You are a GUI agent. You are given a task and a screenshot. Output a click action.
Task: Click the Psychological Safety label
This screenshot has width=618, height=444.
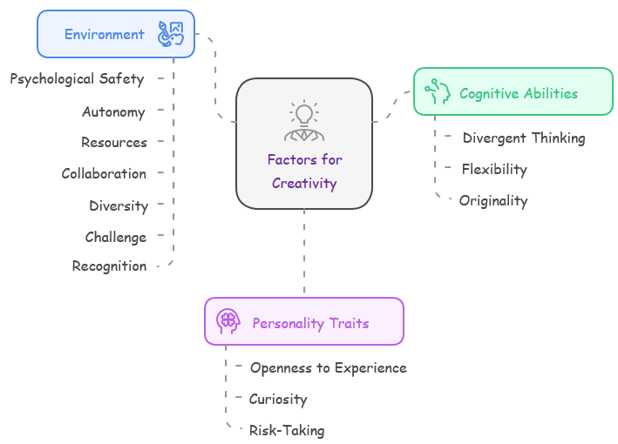click(77, 79)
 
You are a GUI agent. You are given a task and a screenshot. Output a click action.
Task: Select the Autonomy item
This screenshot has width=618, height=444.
click(113, 111)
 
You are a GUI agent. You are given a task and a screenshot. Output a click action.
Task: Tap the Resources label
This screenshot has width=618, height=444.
click(114, 143)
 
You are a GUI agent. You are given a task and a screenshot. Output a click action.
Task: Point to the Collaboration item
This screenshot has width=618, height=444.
click(104, 174)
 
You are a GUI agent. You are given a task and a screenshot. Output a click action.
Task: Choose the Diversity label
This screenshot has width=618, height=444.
click(119, 206)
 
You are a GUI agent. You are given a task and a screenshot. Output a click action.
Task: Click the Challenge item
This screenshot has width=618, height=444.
click(116, 237)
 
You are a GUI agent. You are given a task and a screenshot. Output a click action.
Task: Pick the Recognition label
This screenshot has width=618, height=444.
click(109, 266)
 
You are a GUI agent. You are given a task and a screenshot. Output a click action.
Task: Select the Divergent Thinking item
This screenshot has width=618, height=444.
click(523, 138)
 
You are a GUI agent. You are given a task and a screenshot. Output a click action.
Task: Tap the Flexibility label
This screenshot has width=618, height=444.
click(494, 170)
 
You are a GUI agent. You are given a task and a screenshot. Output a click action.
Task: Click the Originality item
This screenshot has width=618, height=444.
click(493, 201)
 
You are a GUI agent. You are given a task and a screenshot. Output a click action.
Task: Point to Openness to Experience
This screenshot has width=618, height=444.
click(328, 368)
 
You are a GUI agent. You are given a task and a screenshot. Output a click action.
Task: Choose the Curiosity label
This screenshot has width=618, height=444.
click(278, 400)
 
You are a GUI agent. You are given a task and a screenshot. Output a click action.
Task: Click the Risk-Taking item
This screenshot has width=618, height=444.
click(287, 431)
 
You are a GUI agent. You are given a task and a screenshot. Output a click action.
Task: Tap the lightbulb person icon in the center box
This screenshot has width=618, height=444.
click(304, 121)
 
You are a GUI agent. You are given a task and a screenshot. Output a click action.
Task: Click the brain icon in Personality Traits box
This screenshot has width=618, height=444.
click(228, 322)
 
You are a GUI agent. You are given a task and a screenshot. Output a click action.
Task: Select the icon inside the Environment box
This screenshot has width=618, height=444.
click(170, 35)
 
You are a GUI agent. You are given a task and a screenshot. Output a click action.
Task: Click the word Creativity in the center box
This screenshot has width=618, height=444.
click(304, 184)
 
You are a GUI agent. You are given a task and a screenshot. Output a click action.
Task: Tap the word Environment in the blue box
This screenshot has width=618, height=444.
click(105, 35)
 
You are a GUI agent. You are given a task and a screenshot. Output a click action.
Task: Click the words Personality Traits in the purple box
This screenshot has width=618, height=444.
click(310, 323)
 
